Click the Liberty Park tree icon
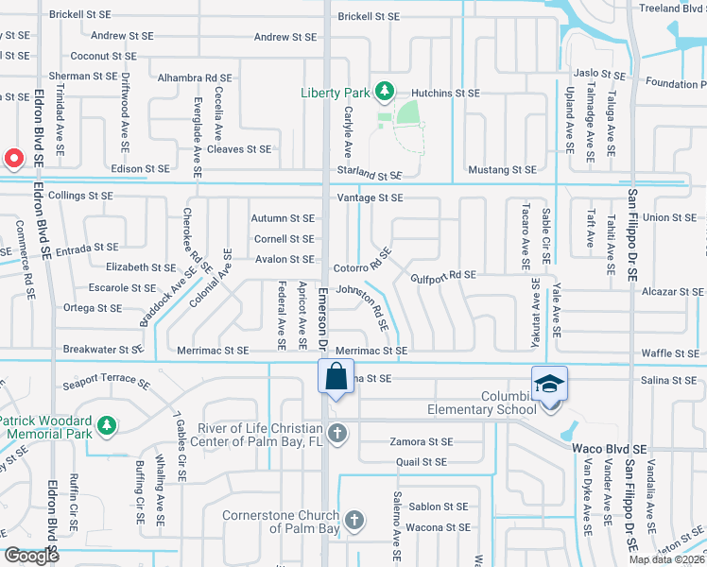pos(385,92)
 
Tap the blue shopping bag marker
pos(336,376)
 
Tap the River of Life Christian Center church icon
pos(338,435)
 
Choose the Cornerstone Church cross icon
pos(353,521)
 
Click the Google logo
pos(31,556)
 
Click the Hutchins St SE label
pos(445,94)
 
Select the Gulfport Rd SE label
pos(443,275)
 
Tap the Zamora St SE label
pos(421,441)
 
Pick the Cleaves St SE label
pos(239,149)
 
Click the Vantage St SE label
pos(371,198)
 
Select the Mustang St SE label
pos(503,170)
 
